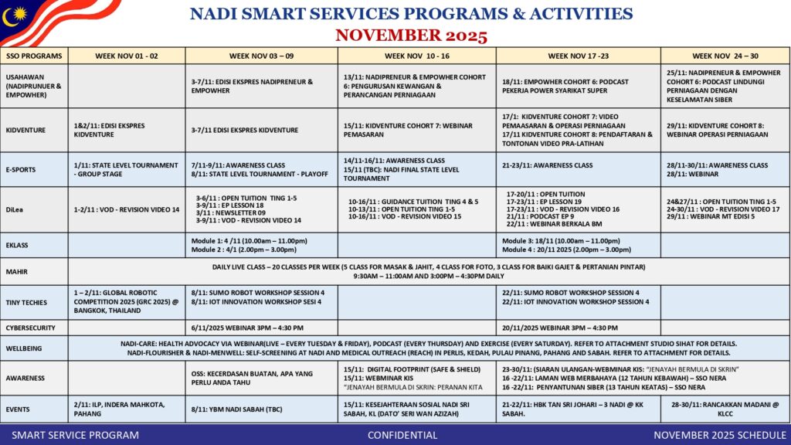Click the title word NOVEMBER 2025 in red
[411, 36]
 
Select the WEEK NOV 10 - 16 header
[416, 56]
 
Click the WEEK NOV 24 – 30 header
[725, 56]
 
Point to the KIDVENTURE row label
[28, 130]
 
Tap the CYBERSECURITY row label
[31, 328]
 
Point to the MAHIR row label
[17, 271]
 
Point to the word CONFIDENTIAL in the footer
[402, 435]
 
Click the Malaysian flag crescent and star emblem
[13, 15]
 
